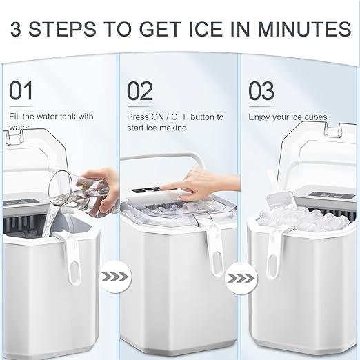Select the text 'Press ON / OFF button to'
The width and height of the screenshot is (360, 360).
[176, 117]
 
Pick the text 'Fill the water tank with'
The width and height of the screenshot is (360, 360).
[51, 117]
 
